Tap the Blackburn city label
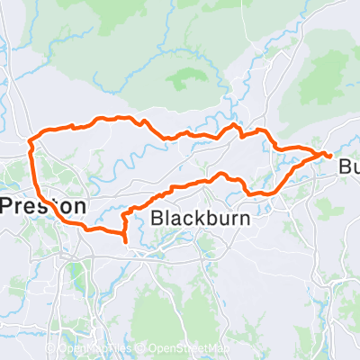click(x=200, y=218)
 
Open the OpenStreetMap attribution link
click(x=189, y=349)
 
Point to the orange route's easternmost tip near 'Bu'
click(x=330, y=157)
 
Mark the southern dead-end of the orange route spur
click(x=124, y=240)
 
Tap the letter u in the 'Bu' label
click(x=355, y=167)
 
